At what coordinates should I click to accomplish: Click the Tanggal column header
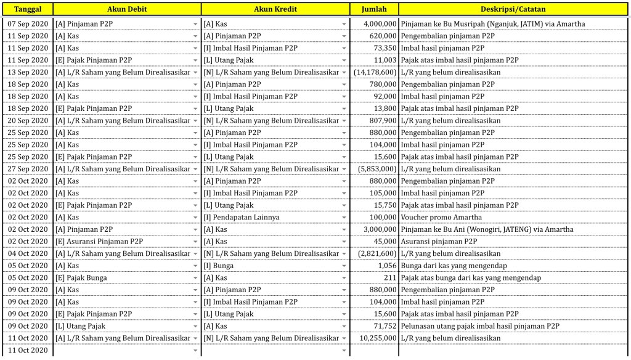pyautogui.click(x=27, y=9)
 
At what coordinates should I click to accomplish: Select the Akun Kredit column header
pyautogui.click(x=275, y=9)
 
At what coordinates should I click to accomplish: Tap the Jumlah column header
pyautogui.click(x=374, y=9)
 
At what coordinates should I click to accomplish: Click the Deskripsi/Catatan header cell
pyautogui.click(x=513, y=9)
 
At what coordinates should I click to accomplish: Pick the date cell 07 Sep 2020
pyautogui.click(x=27, y=24)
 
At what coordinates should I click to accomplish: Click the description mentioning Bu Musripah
pyautogui.click(x=492, y=24)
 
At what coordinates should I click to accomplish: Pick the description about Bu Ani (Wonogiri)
pyautogui.click(x=487, y=229)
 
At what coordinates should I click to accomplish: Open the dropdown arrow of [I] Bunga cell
pyautogui.click(x=344, y=266)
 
